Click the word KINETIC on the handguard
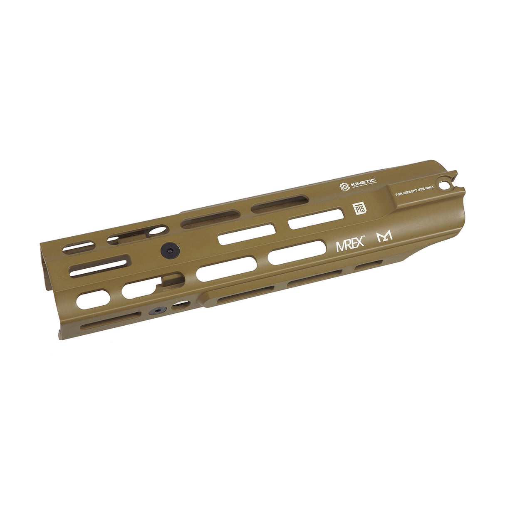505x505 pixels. point(363,183)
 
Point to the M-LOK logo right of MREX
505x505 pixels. point(384,238)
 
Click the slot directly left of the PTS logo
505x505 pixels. point(316,219)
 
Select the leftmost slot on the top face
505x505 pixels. point(75,248)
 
